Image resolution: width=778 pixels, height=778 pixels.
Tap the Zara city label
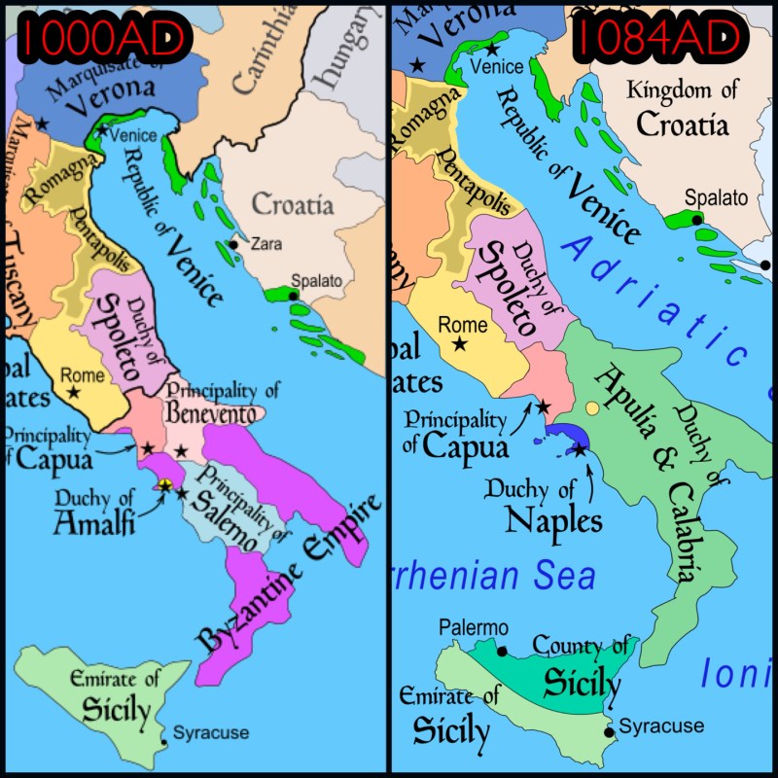[x=266, y=244]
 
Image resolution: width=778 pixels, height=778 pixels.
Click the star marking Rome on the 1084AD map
[x=459, y=344]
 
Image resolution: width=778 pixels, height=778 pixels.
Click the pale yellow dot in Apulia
[x=591, y=407]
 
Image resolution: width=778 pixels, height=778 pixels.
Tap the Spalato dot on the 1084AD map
[x=697, y=221]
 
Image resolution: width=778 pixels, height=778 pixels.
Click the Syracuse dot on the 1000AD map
[x=164, y=744]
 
